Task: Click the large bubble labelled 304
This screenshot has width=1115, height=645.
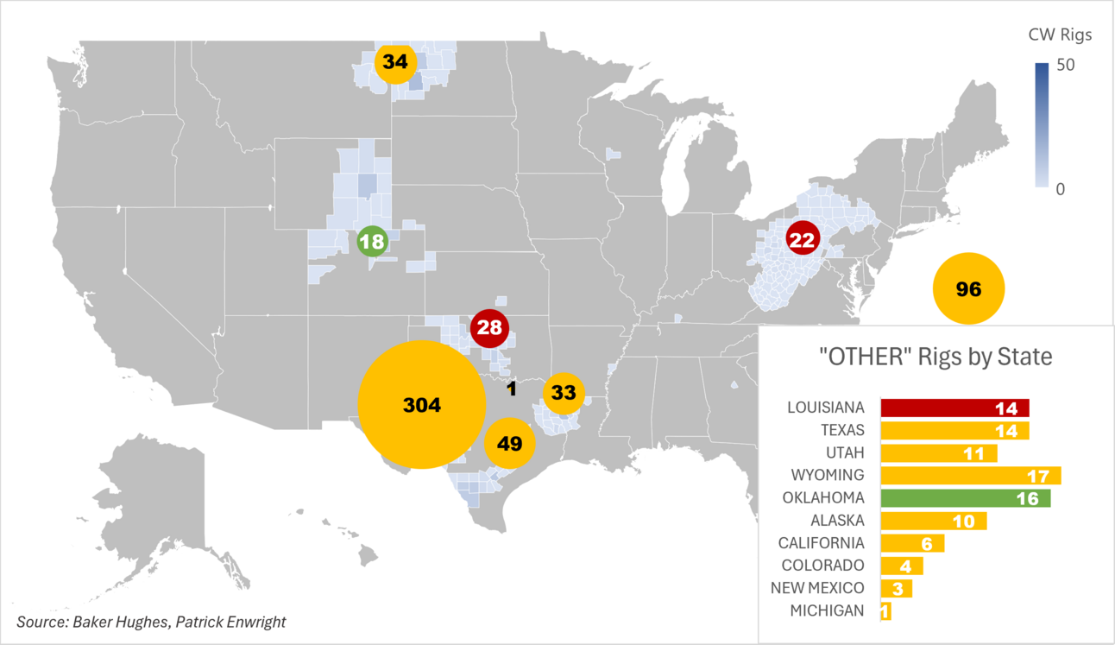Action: tap(421, 404)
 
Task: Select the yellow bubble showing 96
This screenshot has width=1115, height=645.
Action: tap(969, 289)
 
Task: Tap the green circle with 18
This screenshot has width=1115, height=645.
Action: tap(372, 241)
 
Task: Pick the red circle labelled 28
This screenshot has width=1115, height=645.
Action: tap(489, 327)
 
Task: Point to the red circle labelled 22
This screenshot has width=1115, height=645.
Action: tap(803, 240)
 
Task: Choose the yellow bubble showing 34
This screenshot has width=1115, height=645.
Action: tap(395, 62)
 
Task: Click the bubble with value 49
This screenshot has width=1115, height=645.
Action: tap(510, 443)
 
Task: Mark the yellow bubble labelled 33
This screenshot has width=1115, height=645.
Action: tap(564, 392)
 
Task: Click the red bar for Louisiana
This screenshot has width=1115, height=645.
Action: tap(954, 408)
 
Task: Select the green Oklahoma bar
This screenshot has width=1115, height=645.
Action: tap(965, 498)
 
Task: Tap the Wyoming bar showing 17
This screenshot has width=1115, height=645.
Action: tap(970, 476)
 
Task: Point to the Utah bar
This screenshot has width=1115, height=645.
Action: tap(938, 453)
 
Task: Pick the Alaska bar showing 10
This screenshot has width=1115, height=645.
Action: tap(933, 521)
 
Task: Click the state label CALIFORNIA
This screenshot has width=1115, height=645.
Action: tap(821, 543)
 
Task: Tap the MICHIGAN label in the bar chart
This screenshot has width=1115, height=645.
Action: tap(827, 610)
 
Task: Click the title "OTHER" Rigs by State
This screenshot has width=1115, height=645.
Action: tap(935, 356)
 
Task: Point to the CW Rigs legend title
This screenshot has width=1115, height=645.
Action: tap(1060, 35)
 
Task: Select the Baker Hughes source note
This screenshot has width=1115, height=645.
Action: tap(150, 621)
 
